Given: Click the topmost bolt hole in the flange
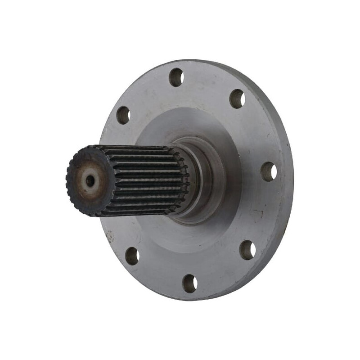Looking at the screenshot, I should pos(176,77).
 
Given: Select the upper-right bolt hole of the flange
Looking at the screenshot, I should pos(237,99).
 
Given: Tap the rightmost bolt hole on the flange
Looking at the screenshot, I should pos(269,171).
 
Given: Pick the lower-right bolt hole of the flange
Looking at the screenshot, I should pos(247,250).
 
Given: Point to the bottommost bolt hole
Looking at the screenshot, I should pos(190,283).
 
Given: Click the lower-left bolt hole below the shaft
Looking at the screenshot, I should pos(132,256).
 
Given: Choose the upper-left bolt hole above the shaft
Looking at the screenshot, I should pos(123,115).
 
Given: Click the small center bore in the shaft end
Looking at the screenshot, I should pos(90,180).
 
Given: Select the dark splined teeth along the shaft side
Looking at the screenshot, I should pos(144,180).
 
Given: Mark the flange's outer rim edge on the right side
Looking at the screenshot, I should pos(288,180).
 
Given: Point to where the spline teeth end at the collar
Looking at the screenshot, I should pos(184,180).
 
